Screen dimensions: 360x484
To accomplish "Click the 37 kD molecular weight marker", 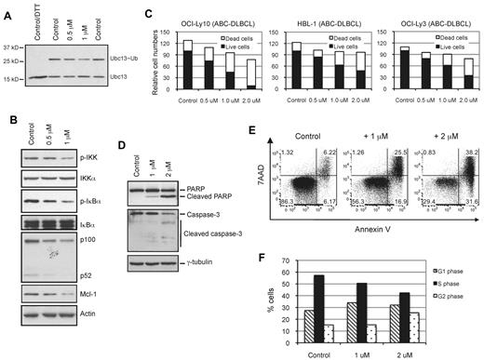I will tap(13, 47).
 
